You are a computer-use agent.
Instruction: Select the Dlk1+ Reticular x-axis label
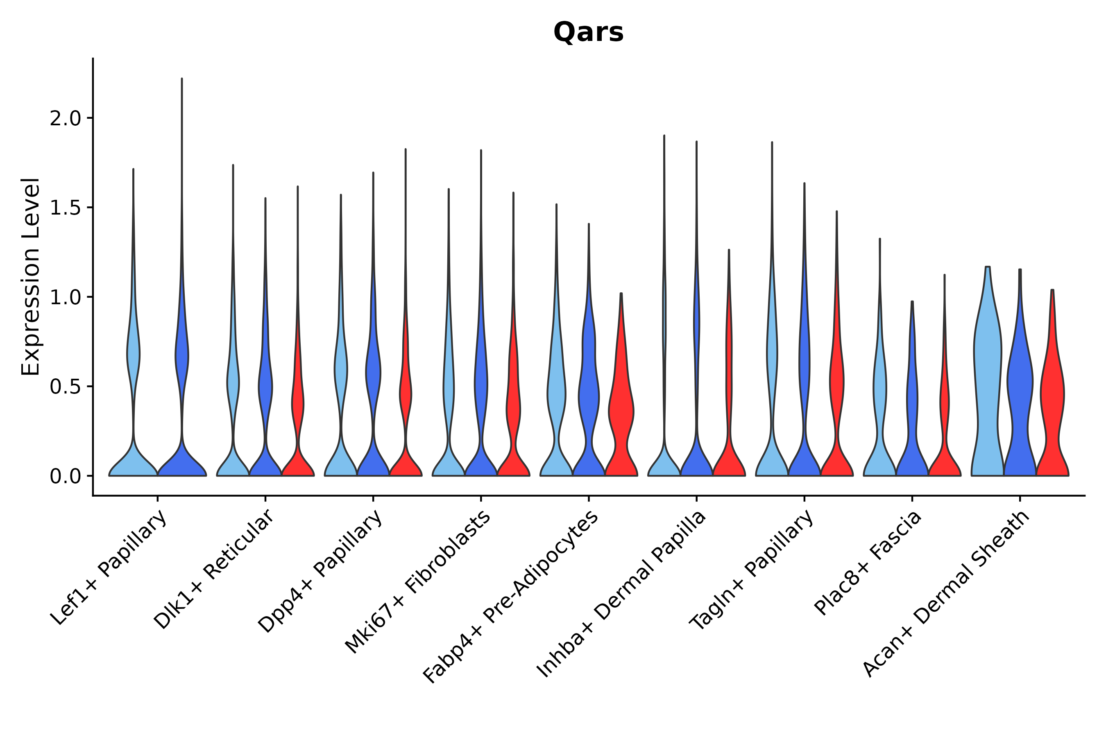(213, 569)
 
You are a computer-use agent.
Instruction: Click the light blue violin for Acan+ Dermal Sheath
(988, 376)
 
